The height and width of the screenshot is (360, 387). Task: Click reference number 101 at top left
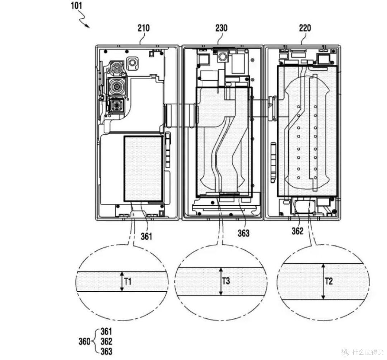click(76, 5)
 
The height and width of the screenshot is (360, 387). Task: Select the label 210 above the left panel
click(144, 28)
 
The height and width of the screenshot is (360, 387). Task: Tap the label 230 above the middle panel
click(221, 28)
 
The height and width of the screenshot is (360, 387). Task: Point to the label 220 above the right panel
click(305, 28)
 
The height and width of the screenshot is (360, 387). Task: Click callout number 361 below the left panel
click(146, 236)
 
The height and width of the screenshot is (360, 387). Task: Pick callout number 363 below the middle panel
click(244, 233)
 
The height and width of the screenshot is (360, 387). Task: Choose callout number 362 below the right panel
click(297, 231)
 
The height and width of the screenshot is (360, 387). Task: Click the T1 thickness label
click(128, 281)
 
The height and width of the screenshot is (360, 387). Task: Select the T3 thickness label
click(226, 281)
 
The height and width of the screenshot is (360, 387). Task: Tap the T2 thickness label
click(329, 281)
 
